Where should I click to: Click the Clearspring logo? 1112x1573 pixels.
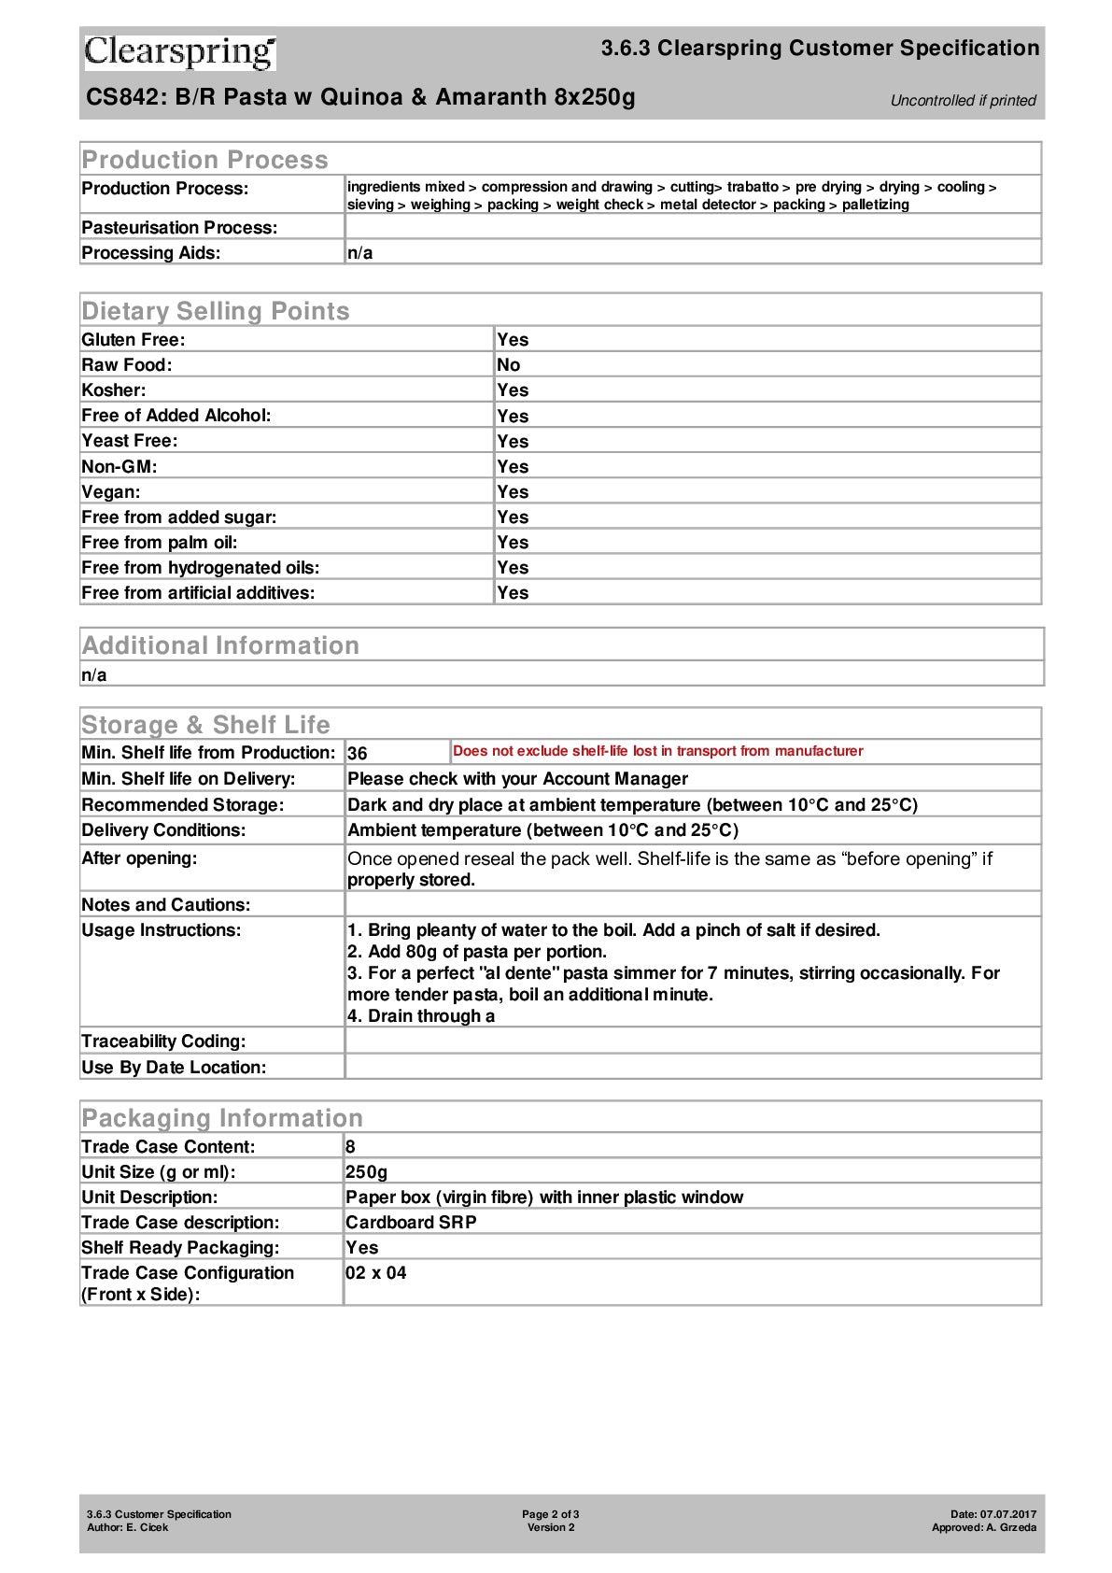[180, 52]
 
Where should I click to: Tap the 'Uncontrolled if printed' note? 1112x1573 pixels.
[963, 101]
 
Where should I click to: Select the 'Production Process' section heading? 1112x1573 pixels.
[204, 160]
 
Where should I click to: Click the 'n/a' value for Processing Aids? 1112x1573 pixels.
[360, 253]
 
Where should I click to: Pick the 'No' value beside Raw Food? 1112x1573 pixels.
[509, 365]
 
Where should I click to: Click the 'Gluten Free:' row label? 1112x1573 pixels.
[134, 340]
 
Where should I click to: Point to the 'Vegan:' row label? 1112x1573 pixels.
[111, 492]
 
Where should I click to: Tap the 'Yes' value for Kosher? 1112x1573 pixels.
[513, 390]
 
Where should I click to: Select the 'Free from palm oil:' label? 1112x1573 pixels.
[160, 543]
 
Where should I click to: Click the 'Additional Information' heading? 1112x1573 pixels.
[220, 645]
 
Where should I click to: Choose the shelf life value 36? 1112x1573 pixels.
[358, 754]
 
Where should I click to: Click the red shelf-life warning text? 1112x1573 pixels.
[657, 751]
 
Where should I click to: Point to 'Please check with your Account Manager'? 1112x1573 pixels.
[517, 779]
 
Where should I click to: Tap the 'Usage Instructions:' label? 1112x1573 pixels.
[162, 930]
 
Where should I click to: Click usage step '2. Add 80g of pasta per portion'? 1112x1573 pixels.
[477, 952]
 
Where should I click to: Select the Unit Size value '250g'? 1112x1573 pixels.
[366, 1172]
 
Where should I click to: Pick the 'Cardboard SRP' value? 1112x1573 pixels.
[411, 1223]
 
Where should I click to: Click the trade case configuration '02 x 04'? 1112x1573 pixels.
[376, 1273]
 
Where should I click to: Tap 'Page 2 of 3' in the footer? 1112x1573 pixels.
[551, 1514]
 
